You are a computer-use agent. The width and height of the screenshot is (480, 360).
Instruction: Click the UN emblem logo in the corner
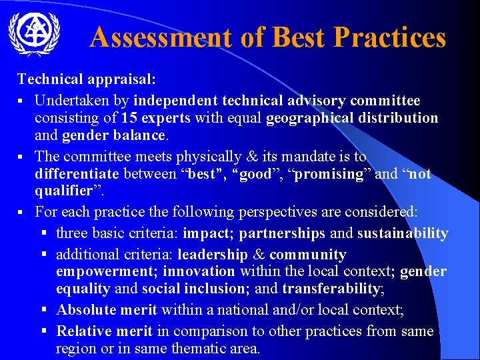[x=34, y=35]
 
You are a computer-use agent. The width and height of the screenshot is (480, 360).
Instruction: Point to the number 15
[x=129, y=118]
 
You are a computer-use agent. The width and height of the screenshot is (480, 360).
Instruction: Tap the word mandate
[x=321, y=157]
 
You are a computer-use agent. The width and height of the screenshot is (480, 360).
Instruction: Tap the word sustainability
[x=403, y=233]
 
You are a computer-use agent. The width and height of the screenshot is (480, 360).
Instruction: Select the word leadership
[x=213, y=254]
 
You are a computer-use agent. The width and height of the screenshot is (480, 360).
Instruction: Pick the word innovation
[x=199, y=272]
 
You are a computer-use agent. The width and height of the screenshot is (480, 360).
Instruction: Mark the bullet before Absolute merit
[x=43, y=309]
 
